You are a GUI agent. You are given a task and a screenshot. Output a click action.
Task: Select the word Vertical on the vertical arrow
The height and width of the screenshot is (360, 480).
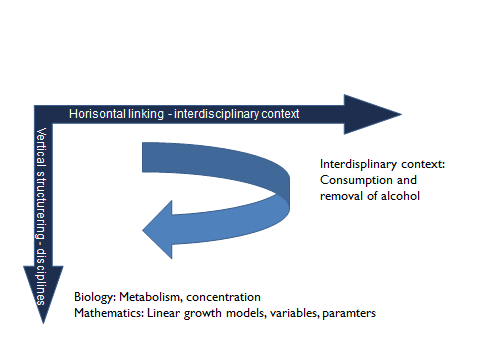point(42,144)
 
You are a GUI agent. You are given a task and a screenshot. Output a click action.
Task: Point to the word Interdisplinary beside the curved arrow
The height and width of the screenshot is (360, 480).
point(356,164)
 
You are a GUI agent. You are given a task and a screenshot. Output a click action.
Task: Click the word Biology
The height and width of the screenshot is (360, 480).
point(95,298)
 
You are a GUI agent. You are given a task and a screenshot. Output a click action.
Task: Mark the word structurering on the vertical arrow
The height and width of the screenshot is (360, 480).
point(42,199)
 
